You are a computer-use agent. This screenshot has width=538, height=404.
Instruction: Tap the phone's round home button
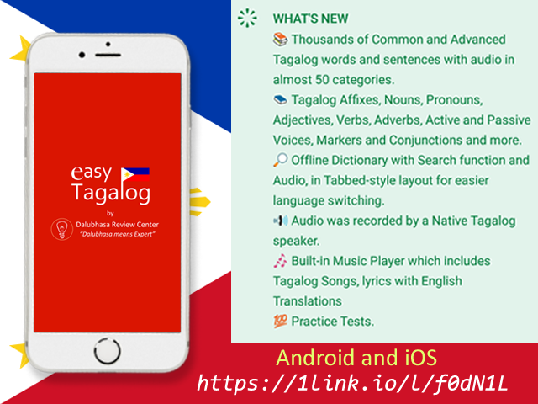(108, 351)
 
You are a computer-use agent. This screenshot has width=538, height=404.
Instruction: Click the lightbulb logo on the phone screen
(61, 229)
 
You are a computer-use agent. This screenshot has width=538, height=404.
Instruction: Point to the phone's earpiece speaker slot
(108, 55)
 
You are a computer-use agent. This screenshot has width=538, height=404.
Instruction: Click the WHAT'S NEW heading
(310, 19)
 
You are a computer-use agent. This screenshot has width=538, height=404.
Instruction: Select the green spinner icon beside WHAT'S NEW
(247, 18)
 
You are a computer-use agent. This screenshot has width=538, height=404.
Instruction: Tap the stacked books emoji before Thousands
(280, 40)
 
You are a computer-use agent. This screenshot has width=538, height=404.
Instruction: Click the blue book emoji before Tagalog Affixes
(280, 100)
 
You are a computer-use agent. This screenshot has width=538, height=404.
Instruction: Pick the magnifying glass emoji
(280, 160)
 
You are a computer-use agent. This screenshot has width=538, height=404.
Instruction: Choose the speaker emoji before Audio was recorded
(281, 221)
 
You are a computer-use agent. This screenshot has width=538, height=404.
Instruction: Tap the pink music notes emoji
(280, 261)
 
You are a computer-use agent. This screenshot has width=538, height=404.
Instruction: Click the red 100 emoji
(280, 322)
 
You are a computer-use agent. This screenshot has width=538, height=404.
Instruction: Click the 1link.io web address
(352, 383)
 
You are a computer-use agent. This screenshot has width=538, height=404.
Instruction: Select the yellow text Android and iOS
(356, 357)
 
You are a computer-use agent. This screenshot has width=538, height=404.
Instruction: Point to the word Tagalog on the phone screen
(111, 193)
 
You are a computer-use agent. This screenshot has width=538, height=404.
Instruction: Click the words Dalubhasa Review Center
(118, 225)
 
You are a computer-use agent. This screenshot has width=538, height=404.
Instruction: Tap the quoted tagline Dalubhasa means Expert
(118, 234)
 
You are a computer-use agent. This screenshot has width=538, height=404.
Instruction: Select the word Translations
(308, 301)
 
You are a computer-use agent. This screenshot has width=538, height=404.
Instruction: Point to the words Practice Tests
(333, 322)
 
